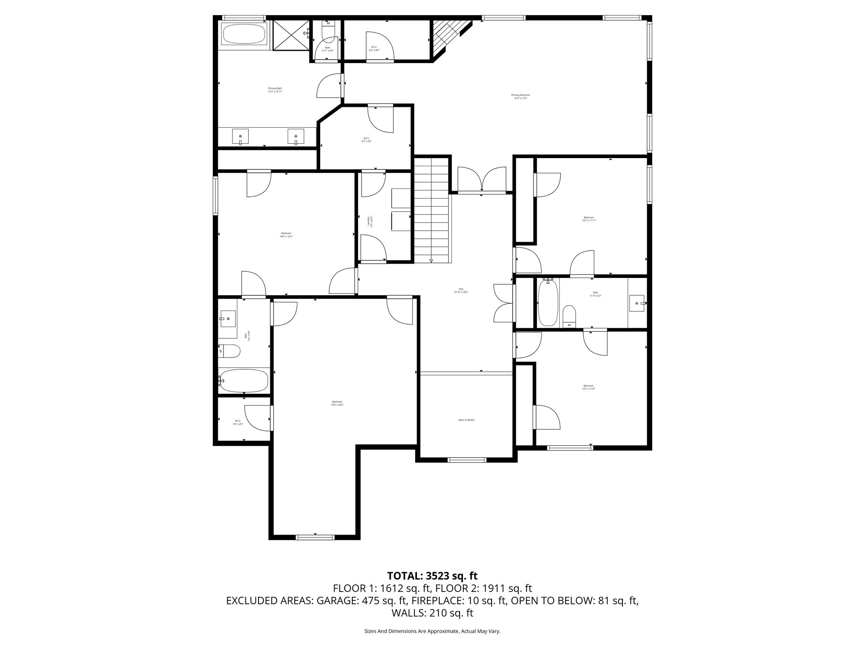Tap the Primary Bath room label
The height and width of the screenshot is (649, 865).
pos(275,90)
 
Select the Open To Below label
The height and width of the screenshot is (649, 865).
pos(466,420)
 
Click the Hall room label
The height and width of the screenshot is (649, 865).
pos(461,290)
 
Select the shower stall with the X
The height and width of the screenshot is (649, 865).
pos(291,34)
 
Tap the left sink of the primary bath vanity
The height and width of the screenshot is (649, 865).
pos(240,137)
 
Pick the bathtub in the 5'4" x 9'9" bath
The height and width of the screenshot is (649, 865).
pos(244,381)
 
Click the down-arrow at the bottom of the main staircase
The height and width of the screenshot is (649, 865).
pos(431,261)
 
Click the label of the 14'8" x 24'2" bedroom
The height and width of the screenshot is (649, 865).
pos(337,403)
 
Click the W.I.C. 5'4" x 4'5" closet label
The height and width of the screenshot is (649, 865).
pos(238,422)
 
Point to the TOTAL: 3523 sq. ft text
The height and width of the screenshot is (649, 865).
pos(432,575)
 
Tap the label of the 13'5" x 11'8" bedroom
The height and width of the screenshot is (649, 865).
pos(588,387)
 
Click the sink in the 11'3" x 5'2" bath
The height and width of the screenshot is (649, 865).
pos(637,303)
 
